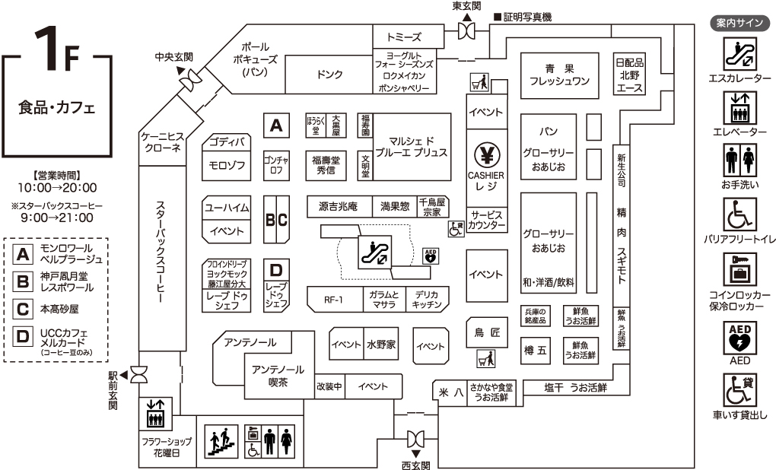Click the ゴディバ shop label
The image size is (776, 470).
[227, 142]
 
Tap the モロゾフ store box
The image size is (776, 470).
[227, 165]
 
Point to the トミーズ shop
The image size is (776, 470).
[403, 37]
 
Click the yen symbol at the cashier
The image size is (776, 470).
[486, 155]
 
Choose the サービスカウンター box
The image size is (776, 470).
[486, 221]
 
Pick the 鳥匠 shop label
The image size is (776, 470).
[486, 332]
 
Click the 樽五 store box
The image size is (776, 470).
[536, 351]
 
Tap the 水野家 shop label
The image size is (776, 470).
[380, 345]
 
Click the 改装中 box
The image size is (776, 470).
[329, 386]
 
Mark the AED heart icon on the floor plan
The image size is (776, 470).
[430, 256]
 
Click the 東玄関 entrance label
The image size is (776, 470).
[467, 6]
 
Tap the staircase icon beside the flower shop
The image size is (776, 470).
[220, 442]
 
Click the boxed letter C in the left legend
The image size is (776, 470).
[24, 309]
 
